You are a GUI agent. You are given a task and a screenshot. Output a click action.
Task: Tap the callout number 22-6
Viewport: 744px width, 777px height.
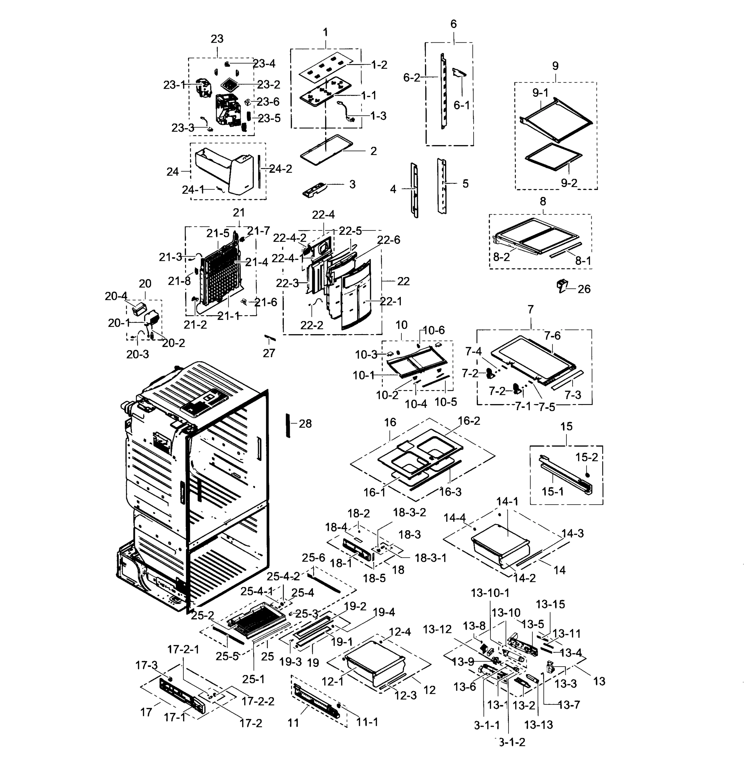tap(388, 240)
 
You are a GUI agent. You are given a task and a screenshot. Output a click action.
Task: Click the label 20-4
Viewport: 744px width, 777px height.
tap(116, 296)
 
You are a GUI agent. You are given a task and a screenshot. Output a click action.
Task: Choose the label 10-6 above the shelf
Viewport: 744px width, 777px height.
tap(433, 330)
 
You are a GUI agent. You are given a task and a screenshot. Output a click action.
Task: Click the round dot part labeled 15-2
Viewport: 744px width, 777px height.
tap(587, 475)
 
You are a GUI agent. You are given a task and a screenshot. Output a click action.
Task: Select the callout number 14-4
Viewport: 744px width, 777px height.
tap(454, 518)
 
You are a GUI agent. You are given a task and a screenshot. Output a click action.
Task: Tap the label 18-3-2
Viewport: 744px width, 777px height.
tap(409, 512)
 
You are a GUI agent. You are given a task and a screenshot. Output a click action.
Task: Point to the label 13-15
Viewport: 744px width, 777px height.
tap(550, 604)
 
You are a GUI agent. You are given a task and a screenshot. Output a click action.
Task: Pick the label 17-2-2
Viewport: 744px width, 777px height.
tap(257, 701)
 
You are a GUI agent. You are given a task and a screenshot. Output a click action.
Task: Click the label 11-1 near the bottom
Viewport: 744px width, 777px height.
tap(367, 722)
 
